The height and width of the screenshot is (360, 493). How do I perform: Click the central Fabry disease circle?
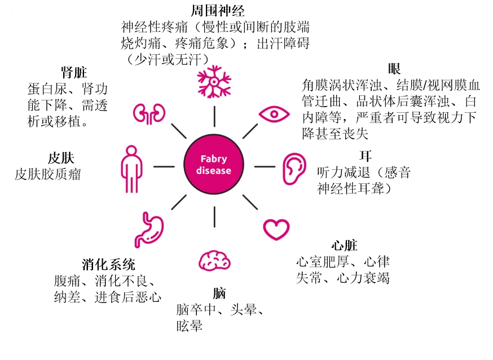(214, 164)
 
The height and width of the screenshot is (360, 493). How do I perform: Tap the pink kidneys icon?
(149, 113)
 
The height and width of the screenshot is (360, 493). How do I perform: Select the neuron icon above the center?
(214, 82)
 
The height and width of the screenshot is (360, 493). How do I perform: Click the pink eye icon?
(274, 114)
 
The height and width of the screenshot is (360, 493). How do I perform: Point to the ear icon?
(294, 169)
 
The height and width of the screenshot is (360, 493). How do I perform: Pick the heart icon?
(276, 230)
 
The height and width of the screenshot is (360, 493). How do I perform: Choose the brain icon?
(214, 261)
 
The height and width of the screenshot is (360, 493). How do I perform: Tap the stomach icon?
(149, 230)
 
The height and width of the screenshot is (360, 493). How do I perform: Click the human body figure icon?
(132, 169)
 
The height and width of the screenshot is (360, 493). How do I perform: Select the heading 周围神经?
(218, 11)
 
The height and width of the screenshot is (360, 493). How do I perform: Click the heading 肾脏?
(74, 73)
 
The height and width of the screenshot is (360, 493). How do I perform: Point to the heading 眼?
(394, 69)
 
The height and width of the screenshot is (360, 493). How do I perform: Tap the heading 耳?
(366, 156)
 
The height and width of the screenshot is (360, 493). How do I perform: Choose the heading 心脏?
(344, 245)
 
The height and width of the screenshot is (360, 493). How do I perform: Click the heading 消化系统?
(108, 265)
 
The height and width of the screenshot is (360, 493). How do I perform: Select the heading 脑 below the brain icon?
(219, 293)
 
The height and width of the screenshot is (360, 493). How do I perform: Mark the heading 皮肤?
(61, 158)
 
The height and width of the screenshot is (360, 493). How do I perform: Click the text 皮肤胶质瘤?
(48, 174)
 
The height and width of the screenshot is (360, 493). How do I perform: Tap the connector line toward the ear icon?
(265, 166)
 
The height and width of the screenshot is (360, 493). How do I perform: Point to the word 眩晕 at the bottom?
(190, 326)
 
